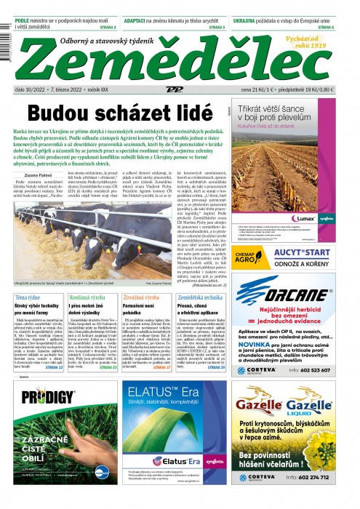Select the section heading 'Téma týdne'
click(x=28, y=298)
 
